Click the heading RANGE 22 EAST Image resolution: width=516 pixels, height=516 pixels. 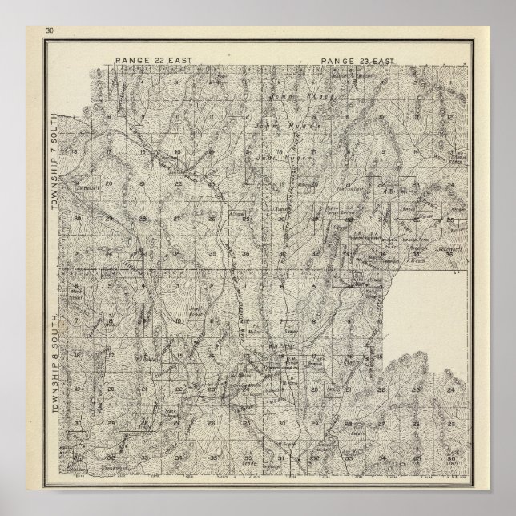[x=147, y=61]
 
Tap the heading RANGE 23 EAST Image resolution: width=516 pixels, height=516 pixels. [x=353, y=61]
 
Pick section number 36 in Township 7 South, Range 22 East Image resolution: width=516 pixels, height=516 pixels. [x=245, y=254]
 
